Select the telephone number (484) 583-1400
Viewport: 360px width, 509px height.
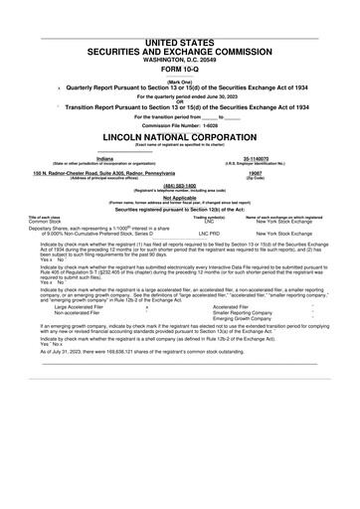180,184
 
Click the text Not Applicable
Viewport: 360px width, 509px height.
180,197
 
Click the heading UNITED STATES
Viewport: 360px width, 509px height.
180,13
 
